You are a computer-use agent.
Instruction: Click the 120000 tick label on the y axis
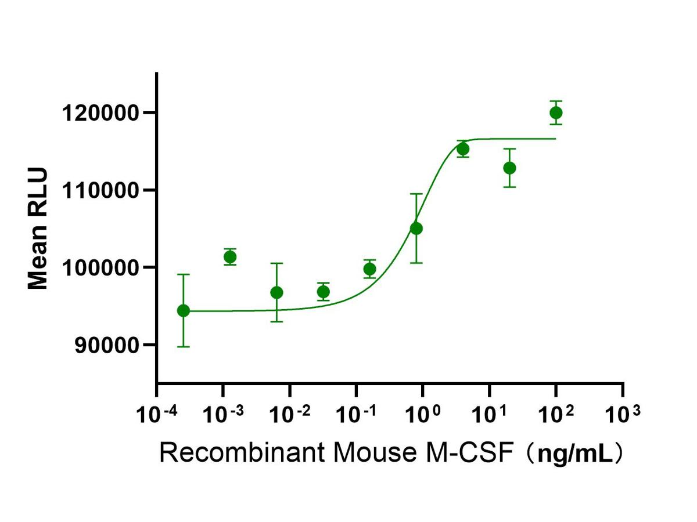(x=101, y=113)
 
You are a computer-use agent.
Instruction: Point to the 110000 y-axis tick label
(x=101, y=190)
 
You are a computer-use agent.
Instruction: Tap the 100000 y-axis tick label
(x=101, y=267)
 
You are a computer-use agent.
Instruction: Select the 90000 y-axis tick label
(x=106, y=345)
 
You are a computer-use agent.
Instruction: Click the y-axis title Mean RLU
(x=38, y=229)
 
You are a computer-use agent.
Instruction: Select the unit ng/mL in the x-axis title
(x=575, y=454)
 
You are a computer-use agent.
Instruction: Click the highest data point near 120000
(x=556, y=113)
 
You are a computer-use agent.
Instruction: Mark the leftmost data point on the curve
(x=184, y=310)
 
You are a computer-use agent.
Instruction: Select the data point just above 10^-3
(x=230, y=257)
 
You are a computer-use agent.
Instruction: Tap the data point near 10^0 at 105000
(x=416, y=229)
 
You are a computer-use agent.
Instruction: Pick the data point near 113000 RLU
(x=509, y=168)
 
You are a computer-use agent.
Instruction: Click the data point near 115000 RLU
(x=463, y=149)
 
